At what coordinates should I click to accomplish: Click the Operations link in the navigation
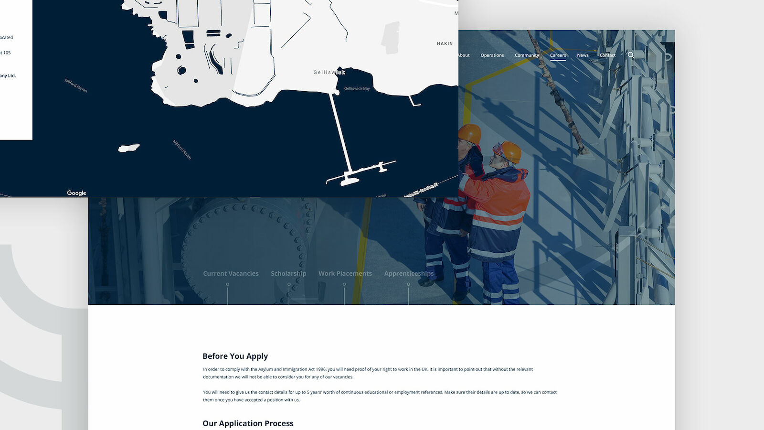[492, 55]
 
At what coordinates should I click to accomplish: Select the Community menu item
[527, 55]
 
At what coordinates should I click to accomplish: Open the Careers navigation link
[558, 55]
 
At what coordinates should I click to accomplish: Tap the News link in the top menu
[583, 55]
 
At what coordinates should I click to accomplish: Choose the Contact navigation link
[607, 55]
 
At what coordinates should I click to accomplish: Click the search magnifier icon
[631, 55]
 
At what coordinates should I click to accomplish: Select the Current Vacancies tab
[231, 274]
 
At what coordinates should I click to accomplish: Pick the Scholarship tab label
[288, 274]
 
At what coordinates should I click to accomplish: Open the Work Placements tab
[345, 274]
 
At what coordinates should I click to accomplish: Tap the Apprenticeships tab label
[409, 274]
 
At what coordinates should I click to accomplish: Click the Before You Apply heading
[235, 356]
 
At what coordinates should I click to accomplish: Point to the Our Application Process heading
[248, 423]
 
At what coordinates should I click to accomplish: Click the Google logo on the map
[76, 193]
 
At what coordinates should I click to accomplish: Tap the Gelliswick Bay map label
[357, 88]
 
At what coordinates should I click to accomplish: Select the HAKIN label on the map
[445, 43]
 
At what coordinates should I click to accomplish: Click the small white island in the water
[128, 149]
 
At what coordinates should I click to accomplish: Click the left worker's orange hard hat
[470, 133]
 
